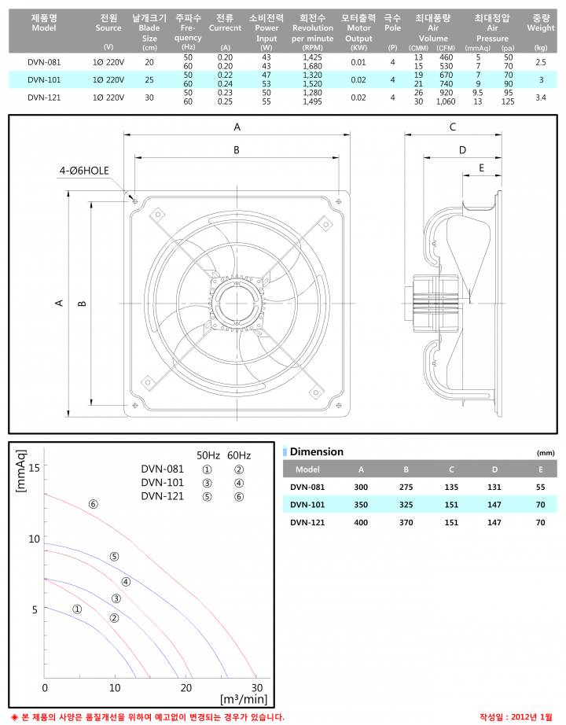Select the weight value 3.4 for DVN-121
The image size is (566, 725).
(540, 98)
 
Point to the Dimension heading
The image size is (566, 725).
(317, 452)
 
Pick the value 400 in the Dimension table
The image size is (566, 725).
(361, 522)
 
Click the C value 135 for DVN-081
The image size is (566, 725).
(452, 487)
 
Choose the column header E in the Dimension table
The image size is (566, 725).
(540, 469)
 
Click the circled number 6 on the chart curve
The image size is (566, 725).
(94, 504)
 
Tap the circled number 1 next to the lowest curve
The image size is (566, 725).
(77, 609)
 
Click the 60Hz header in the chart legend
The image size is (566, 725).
(239, 455)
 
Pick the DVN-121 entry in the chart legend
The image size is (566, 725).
(163, 495)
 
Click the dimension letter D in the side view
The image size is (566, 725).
(462, 149)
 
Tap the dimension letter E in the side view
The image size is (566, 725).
(481, 167)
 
